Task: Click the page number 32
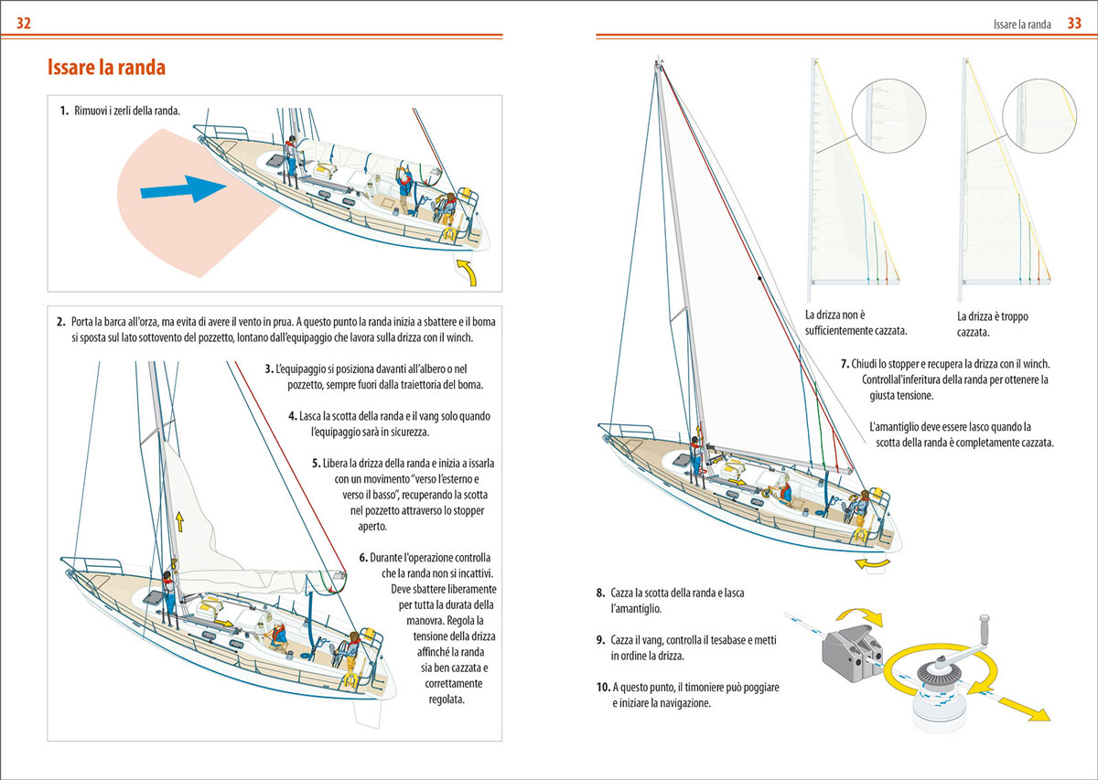[24, 24]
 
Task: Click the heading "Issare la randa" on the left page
[105, 68]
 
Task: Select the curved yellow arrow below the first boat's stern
[467, 272]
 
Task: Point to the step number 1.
[64, 112]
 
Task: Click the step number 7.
[845, 363]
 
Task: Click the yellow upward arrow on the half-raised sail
[179, 522]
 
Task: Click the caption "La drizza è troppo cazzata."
[992, 324]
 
